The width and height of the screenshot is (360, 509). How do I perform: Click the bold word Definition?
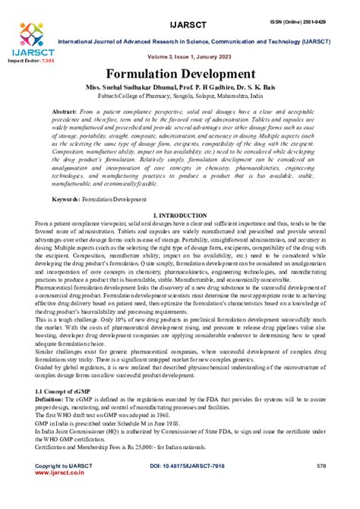pyautogui.click(x=50, y=398)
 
